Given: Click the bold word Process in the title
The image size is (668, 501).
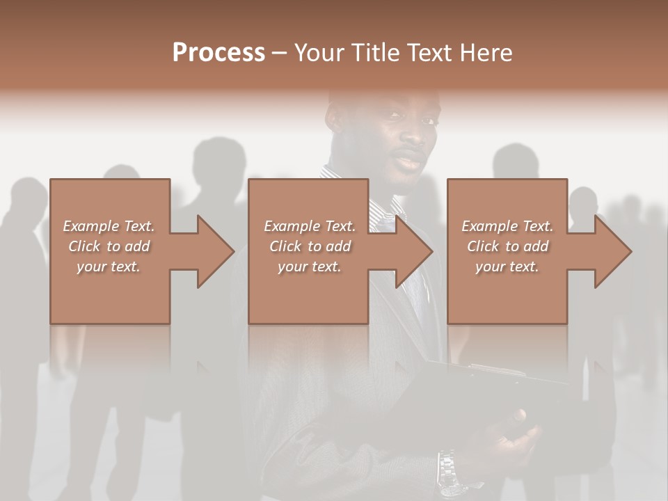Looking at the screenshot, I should click(218, 53).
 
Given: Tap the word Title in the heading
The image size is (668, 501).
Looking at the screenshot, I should click(372, 53).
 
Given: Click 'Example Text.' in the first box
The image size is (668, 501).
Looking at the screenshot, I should click(109, 226).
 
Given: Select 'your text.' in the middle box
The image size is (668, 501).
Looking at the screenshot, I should click(309, 267).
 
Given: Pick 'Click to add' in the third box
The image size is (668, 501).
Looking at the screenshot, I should click(508, 246).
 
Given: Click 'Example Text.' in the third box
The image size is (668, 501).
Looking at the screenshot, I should click(507, 226).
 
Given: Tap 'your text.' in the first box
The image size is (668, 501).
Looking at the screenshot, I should click(109, 267).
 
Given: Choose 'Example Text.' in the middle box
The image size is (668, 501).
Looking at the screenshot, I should click(310, 226).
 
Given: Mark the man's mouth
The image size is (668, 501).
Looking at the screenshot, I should click(411, 161).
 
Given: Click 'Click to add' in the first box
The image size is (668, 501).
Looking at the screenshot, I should click(109, 246).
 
